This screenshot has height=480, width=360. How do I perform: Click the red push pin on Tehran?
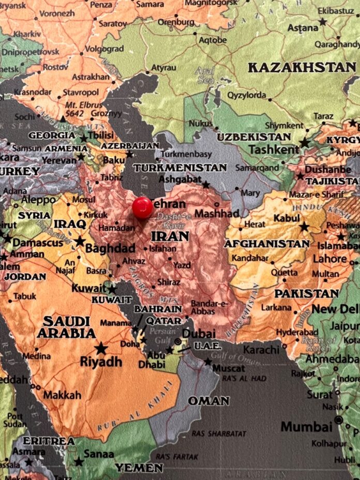click(142, 207)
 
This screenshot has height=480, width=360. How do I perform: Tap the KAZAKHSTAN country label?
click(302, 67)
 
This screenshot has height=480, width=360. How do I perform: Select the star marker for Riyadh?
click(101, 348)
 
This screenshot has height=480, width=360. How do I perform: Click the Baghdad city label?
click(110, 248)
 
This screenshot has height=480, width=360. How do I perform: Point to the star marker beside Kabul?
click(304, 227)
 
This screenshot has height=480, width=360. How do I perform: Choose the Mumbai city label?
click(306, 427)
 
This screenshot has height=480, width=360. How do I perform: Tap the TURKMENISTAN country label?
click(180, 168)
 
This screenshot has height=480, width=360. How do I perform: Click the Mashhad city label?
click(217, 213)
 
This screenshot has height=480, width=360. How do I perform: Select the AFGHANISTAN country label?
click(267, 244)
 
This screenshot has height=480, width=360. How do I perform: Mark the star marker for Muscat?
click(207, 362)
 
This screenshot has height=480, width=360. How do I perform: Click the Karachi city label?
click(261, 350)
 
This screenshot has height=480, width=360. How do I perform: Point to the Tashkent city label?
click(274, 149)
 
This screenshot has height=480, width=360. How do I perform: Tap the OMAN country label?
click(208, 401)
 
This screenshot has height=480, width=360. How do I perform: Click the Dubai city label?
click(199, 334)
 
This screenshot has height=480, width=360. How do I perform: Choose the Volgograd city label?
click(104, 49)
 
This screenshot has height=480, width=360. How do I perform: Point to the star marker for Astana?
click(323, 22)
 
